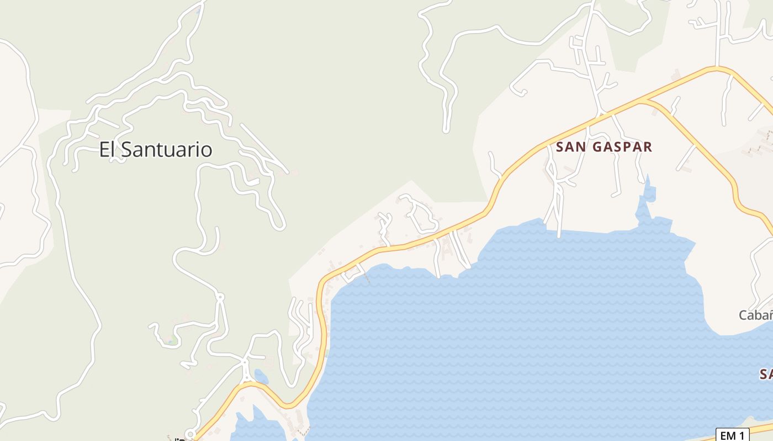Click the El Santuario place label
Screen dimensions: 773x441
click(x=156, y=149)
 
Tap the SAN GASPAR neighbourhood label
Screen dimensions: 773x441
click(x=604, y=147)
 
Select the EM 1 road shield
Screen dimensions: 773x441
click(x=732, y=435)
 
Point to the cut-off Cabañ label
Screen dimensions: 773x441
click(x=755, y=315)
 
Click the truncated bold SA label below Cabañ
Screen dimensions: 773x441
click(x=766, y=375)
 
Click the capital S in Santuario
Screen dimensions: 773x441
click(x=127, y=149)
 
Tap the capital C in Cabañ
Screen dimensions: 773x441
click(x=744, y=315)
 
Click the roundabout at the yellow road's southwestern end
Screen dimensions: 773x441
click(x=190, y=434)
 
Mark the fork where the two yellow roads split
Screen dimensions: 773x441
click(x=642, y=101)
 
